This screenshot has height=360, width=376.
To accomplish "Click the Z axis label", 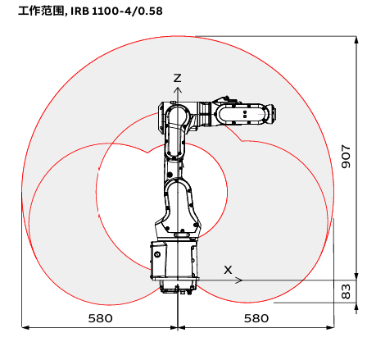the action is [x=178, y=78].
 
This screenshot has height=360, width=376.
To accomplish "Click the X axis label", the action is [x=228, y=270].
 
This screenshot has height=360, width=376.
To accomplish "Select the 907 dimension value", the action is [x=346, y=157].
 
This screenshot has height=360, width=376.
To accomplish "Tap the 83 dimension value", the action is [x=346, y=291].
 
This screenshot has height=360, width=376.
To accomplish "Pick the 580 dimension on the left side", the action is [x=100, y=318].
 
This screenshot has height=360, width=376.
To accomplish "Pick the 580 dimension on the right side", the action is [x=256, y=318].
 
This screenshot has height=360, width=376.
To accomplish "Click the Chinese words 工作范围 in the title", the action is [x=41, y=11].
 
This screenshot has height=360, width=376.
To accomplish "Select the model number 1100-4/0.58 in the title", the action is [x=127, y=11].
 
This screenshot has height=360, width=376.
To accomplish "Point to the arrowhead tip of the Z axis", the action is [x=178, y=88].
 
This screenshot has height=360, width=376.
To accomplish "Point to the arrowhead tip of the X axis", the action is [x=242, y=280].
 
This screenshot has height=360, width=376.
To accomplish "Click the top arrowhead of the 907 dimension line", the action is [x=356, y=37].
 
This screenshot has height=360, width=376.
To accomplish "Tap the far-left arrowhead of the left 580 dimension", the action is [x=22, y=327].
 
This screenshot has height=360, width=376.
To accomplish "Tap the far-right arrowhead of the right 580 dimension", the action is [x=334, y=327].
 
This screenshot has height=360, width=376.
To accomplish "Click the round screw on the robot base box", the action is [x=157, y=255].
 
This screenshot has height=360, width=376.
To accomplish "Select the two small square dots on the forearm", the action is [x=245, y=114].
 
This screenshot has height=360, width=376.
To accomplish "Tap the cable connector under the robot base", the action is [x=177, y=289].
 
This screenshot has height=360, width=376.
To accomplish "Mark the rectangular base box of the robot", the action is [x=174, y=260].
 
